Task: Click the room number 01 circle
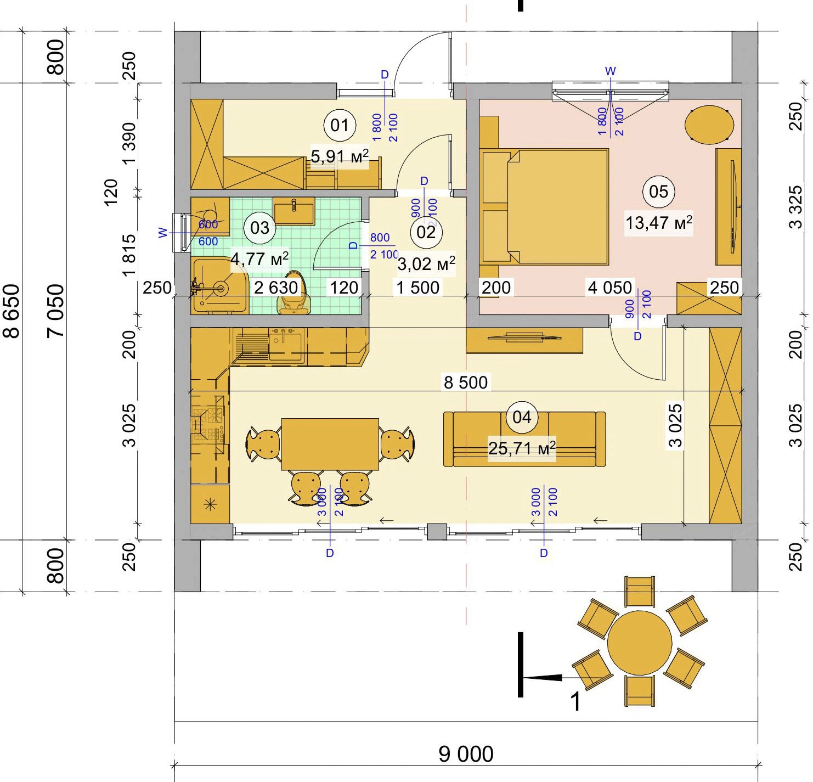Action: pyautogui.click(x=340, y=126)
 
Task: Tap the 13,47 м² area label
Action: pyautogui.click(x=659, y=223)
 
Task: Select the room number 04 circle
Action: pyautogui.click(x=522, y=418)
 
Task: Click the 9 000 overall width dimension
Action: pyautogui.click(x=466, y=755)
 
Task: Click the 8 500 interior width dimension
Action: pyautogui.click(x=465, y=382)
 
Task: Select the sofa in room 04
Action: pyautogui.click(x=524, y=439)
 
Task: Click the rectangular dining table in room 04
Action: pyautogui.click(x=330, y=444)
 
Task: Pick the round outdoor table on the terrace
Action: pyautogui.click(x=640, y=643)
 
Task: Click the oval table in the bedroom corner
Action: pyautogui.click(x=709, y=125)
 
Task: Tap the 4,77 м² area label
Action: pyautogui.click(x=259, y=258)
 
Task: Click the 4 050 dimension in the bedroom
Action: pyautogui.click(x=610, y=288)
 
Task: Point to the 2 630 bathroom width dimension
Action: pyautogui.click(x=275, y=288)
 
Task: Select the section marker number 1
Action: pyautogui.click(x=575, y=701)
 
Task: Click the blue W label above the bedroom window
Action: pyautogui.click(x=610, y=71)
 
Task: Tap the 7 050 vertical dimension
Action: pyautogui.click(x=55, y=311)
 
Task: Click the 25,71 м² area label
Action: pyautogui.click(x=522, y=448)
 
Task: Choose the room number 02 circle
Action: pyautogui.click(x=426, y=232)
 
